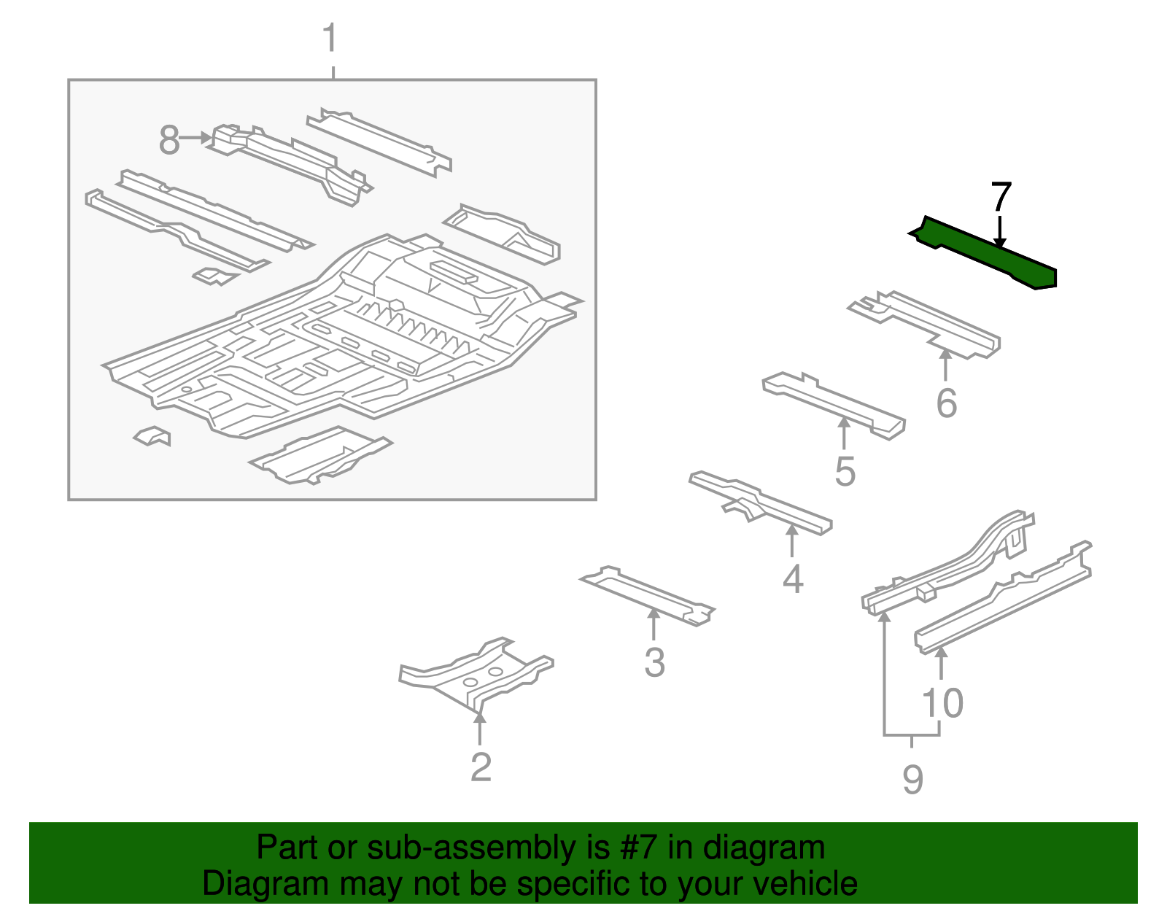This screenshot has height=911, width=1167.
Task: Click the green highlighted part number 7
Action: [x=985, y=252]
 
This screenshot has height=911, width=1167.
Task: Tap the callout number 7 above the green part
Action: [x=1001, y=198]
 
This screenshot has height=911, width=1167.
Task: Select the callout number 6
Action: [x=946, y=403]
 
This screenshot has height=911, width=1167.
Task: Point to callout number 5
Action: [x=845, y=471]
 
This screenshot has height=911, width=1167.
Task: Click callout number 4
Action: [x=793, y=579]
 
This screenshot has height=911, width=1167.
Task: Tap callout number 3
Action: [x=654, y=663]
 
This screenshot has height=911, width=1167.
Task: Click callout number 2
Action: [x=481, y=767]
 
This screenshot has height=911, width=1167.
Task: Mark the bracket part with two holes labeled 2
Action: [x=478, y=675]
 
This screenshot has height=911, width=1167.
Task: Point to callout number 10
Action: [x=942, y=703]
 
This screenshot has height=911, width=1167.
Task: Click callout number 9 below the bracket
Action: [x=912, y=780]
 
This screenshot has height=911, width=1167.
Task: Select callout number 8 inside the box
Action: [x=168, y=140]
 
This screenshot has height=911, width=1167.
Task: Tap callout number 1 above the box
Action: [x=330, y=38]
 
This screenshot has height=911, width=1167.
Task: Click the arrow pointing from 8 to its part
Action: [x=196, y=137]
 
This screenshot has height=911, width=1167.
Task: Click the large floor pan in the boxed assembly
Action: [x=328, y=343]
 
